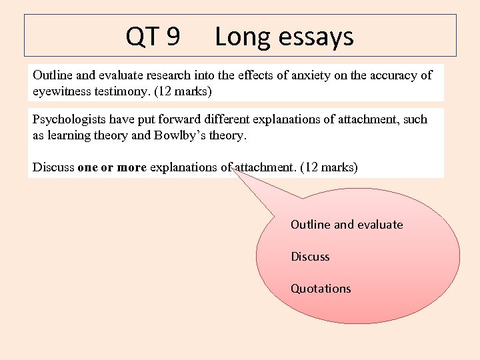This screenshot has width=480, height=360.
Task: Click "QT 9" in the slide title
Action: click(x=153, y=37)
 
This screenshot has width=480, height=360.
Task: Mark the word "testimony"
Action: click(x=120, y=91)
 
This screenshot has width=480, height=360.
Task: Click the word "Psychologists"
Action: click(x=68, y=119)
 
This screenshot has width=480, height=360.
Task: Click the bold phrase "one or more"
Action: click(x=112, y=167)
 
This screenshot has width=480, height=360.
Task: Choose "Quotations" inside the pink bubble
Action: click(x=321, y=289)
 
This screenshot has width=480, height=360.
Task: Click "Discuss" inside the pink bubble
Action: click(x=310, y=257)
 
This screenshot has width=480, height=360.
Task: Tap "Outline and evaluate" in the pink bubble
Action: click(x=347, y=225)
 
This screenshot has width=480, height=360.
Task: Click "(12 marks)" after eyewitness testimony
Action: click(x=183, y=91)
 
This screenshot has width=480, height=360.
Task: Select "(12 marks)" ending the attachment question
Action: click(x=329, y=167)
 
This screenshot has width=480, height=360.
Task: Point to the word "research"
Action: click(x=176, y=75)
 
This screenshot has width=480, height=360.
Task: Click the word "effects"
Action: click(x=249, y=75)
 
